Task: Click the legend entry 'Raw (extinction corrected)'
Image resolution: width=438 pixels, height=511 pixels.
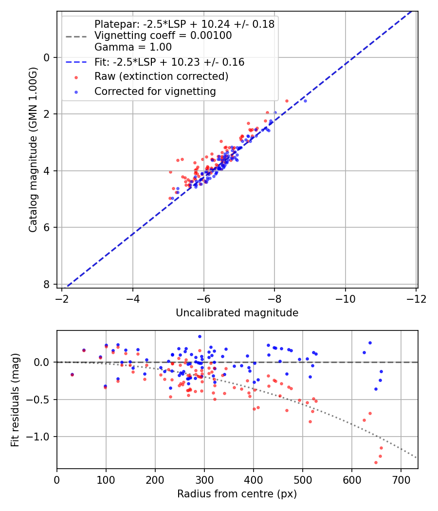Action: click(x=161, y=76)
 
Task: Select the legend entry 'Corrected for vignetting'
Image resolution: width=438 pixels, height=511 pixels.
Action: click(x=155, y=91)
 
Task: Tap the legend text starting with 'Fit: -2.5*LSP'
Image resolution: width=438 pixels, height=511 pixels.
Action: click(x=169, y=62)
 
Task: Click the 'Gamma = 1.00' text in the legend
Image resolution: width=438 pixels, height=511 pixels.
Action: click(x=133, y=47)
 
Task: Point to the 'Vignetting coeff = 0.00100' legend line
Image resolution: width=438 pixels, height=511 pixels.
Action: click(x=163, y=36)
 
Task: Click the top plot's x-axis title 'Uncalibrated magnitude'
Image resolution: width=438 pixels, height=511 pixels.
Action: click(x=237, y=313)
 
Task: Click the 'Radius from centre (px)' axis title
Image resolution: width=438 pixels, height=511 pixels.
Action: click(x=237, y=494)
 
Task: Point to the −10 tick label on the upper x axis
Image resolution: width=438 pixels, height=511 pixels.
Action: click(x=345, y=298)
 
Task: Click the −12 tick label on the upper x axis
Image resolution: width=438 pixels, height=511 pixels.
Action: click(x=416, y=298)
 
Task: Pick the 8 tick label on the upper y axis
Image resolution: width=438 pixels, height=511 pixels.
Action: click(x=47, y=284)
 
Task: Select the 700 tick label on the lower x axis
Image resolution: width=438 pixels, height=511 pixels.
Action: click(x=401, y=479)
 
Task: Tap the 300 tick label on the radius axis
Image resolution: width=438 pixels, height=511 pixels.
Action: click(x=204, y=479)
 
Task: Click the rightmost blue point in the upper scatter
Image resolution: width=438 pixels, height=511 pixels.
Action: click(x=305, y=101)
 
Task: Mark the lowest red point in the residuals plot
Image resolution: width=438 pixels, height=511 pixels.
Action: click(x=376, y=462)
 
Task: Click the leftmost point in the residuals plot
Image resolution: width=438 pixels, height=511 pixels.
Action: click(x=72, y=374)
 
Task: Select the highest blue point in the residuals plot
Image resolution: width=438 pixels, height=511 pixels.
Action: click(x=200, y=336)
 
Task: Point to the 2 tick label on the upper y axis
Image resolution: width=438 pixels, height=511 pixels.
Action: click(x=47, y=114)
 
